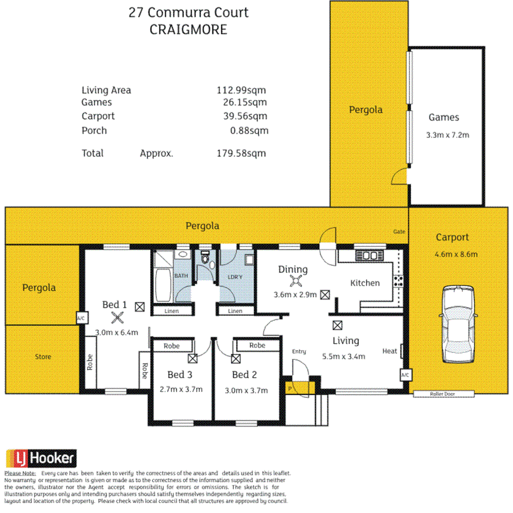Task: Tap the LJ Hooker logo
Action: click(x=41, y=458)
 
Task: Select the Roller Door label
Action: click(x=444, y=394)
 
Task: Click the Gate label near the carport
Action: click(x=399, y=232)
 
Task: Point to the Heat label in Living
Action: click(x=390, y=351)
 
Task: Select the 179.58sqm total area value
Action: click(x=241, y=153)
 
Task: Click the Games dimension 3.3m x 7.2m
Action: click(x=447, y=134)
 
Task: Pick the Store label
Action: click(x=43, y=357)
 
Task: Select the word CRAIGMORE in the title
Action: click(x=188, y=30)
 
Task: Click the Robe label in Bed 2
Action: click(x=257, y=346)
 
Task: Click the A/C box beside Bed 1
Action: click(x=80, y=318)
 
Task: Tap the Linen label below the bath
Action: click(x=172, y=311)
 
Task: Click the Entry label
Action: click(x=299, y=351)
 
